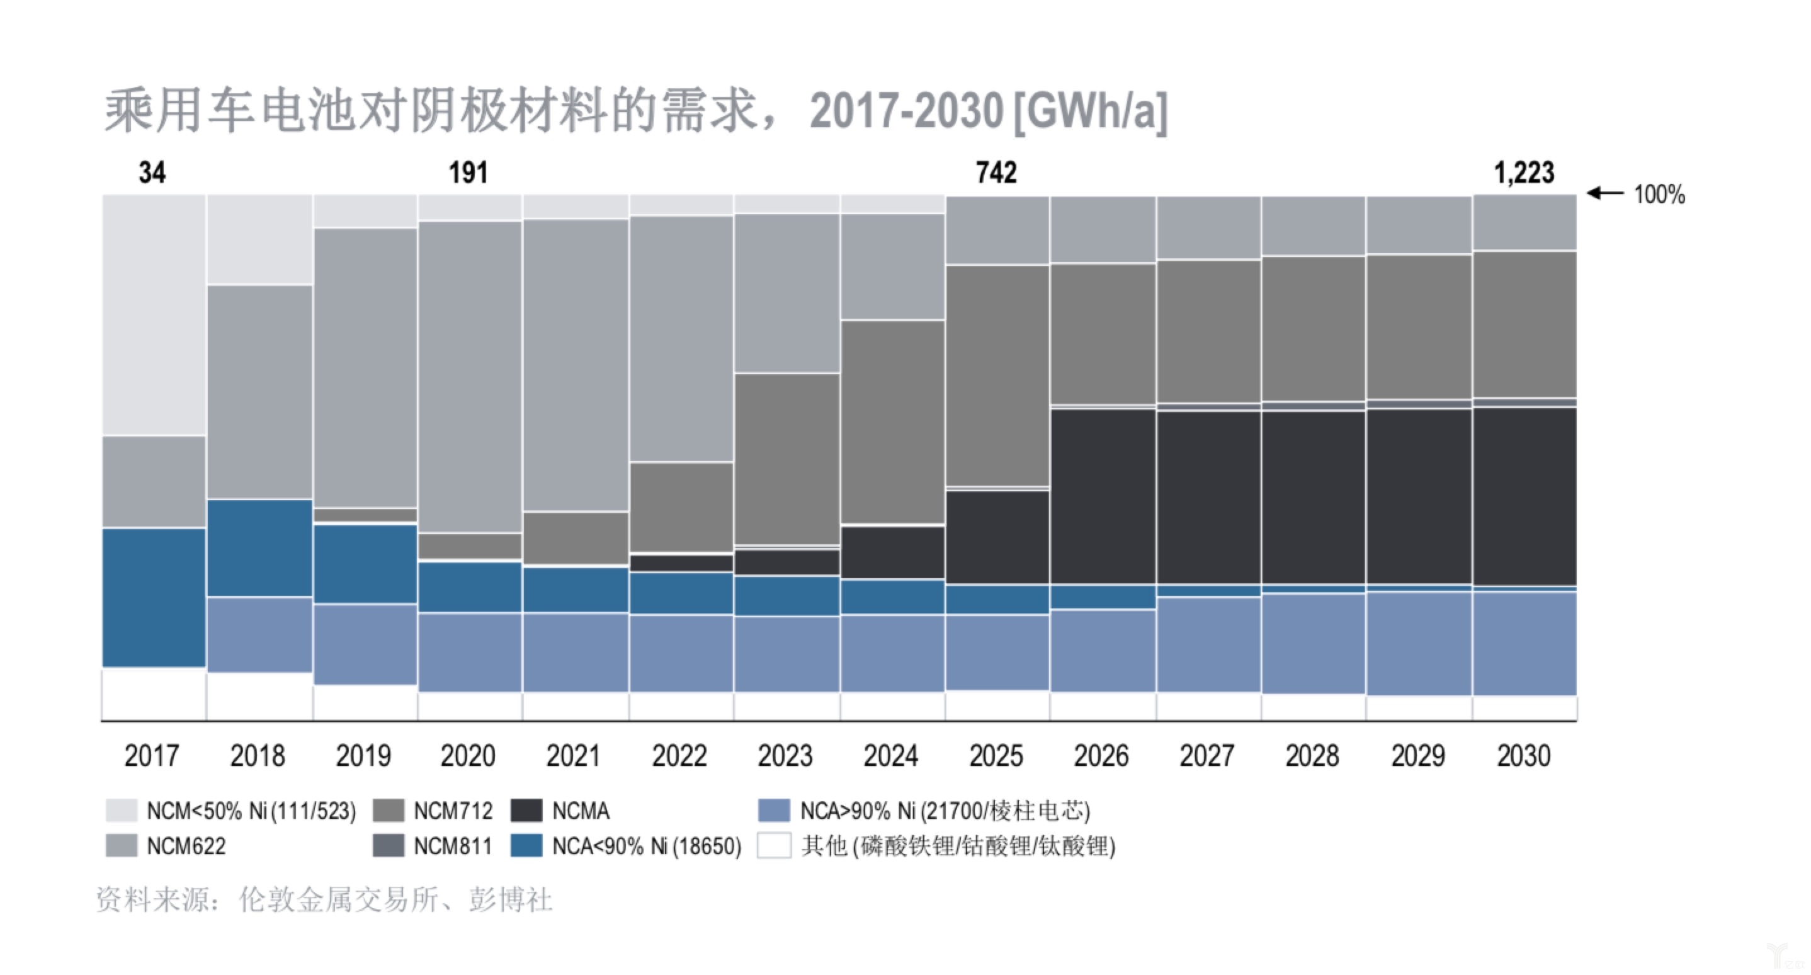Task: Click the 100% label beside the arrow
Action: pos(1659,195)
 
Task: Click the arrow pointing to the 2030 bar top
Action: pos(1606,193)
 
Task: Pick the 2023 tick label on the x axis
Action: pos(785,756)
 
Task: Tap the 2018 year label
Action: pos(258,756)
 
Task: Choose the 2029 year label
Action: pos(1418,756)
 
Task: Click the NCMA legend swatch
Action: pos(526,811)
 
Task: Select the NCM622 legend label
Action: pos(186,846)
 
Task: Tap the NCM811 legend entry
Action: pos(453,846)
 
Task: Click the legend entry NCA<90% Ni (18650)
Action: pos(646,846)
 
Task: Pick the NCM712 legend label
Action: pos(453,811)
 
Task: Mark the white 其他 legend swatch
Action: pos(774,846)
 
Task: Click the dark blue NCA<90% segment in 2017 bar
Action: pos(154,598)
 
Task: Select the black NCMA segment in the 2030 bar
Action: pos(1524,496)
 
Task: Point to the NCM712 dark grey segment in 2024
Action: pos(892,422)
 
